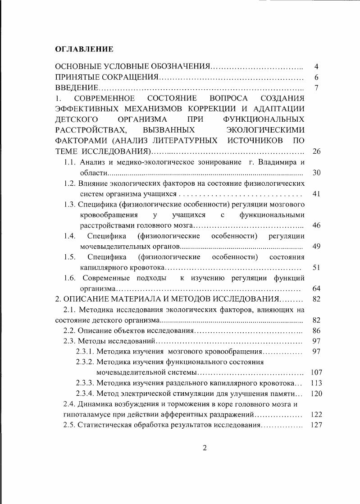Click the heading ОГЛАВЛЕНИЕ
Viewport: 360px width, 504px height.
pos(84,48)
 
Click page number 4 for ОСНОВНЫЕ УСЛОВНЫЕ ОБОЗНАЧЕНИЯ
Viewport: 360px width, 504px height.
pos(316,67)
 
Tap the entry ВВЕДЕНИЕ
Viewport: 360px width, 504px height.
pos(77,87)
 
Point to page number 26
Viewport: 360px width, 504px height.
pos(316,151)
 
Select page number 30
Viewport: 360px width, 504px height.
pos(316,173)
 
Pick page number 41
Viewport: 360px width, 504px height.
pos(316,194)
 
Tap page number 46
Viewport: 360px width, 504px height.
pos(316,225)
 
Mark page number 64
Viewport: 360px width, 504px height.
pos(316,288)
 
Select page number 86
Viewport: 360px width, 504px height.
pos(316,330)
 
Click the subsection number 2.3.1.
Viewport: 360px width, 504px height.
pos(84,351)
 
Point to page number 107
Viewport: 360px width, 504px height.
pos(316,372)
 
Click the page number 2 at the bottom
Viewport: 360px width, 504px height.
pos(204,448)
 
